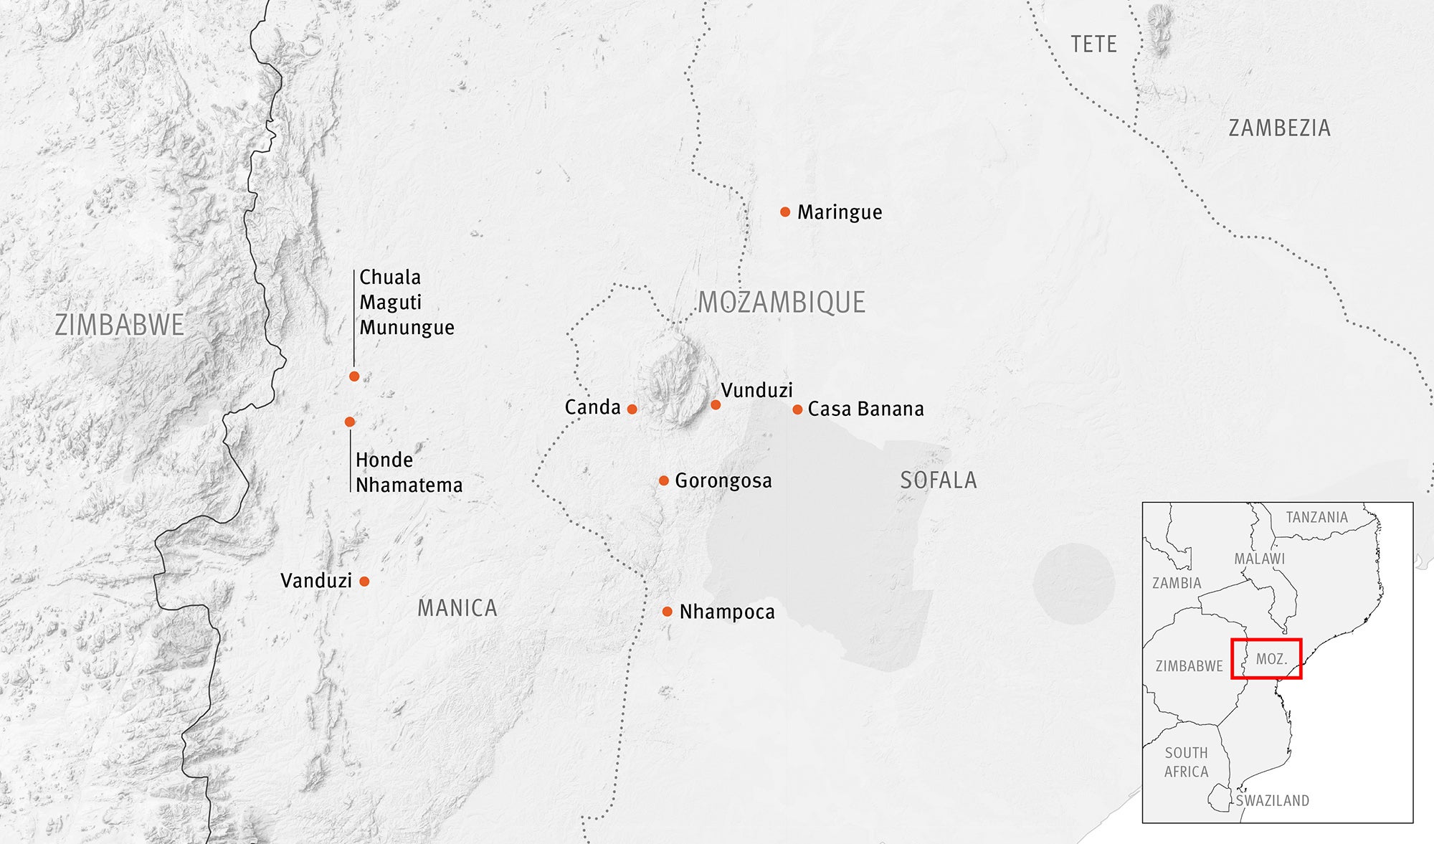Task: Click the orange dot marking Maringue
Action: (x=785, y=212)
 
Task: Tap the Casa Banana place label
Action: (x=865, y=409)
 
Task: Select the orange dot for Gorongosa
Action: (x=664, y=480)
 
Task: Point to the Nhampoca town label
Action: (x=727, y=612)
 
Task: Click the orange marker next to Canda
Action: (x=632, y=409)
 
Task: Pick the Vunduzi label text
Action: (x=756, y=390)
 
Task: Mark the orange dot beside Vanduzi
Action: (x=364, y=582)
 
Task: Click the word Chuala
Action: (x=390, y=277)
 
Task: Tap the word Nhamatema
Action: (x=409, y=485)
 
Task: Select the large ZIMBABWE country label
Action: (x=120, y=325)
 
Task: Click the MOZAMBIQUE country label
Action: (x=782, y=303)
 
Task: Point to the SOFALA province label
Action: (x=938, y=480)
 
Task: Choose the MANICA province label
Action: (x=457, y=608)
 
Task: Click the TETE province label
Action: (x=1093, y=44)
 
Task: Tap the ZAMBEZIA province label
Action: (x=1279, y=128)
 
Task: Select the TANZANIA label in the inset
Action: (x=1316, y=517)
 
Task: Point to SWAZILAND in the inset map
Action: (x=1272, y=800)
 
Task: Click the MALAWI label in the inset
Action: (x=1259, y=559)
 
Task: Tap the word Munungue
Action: (x=407, y=328)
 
